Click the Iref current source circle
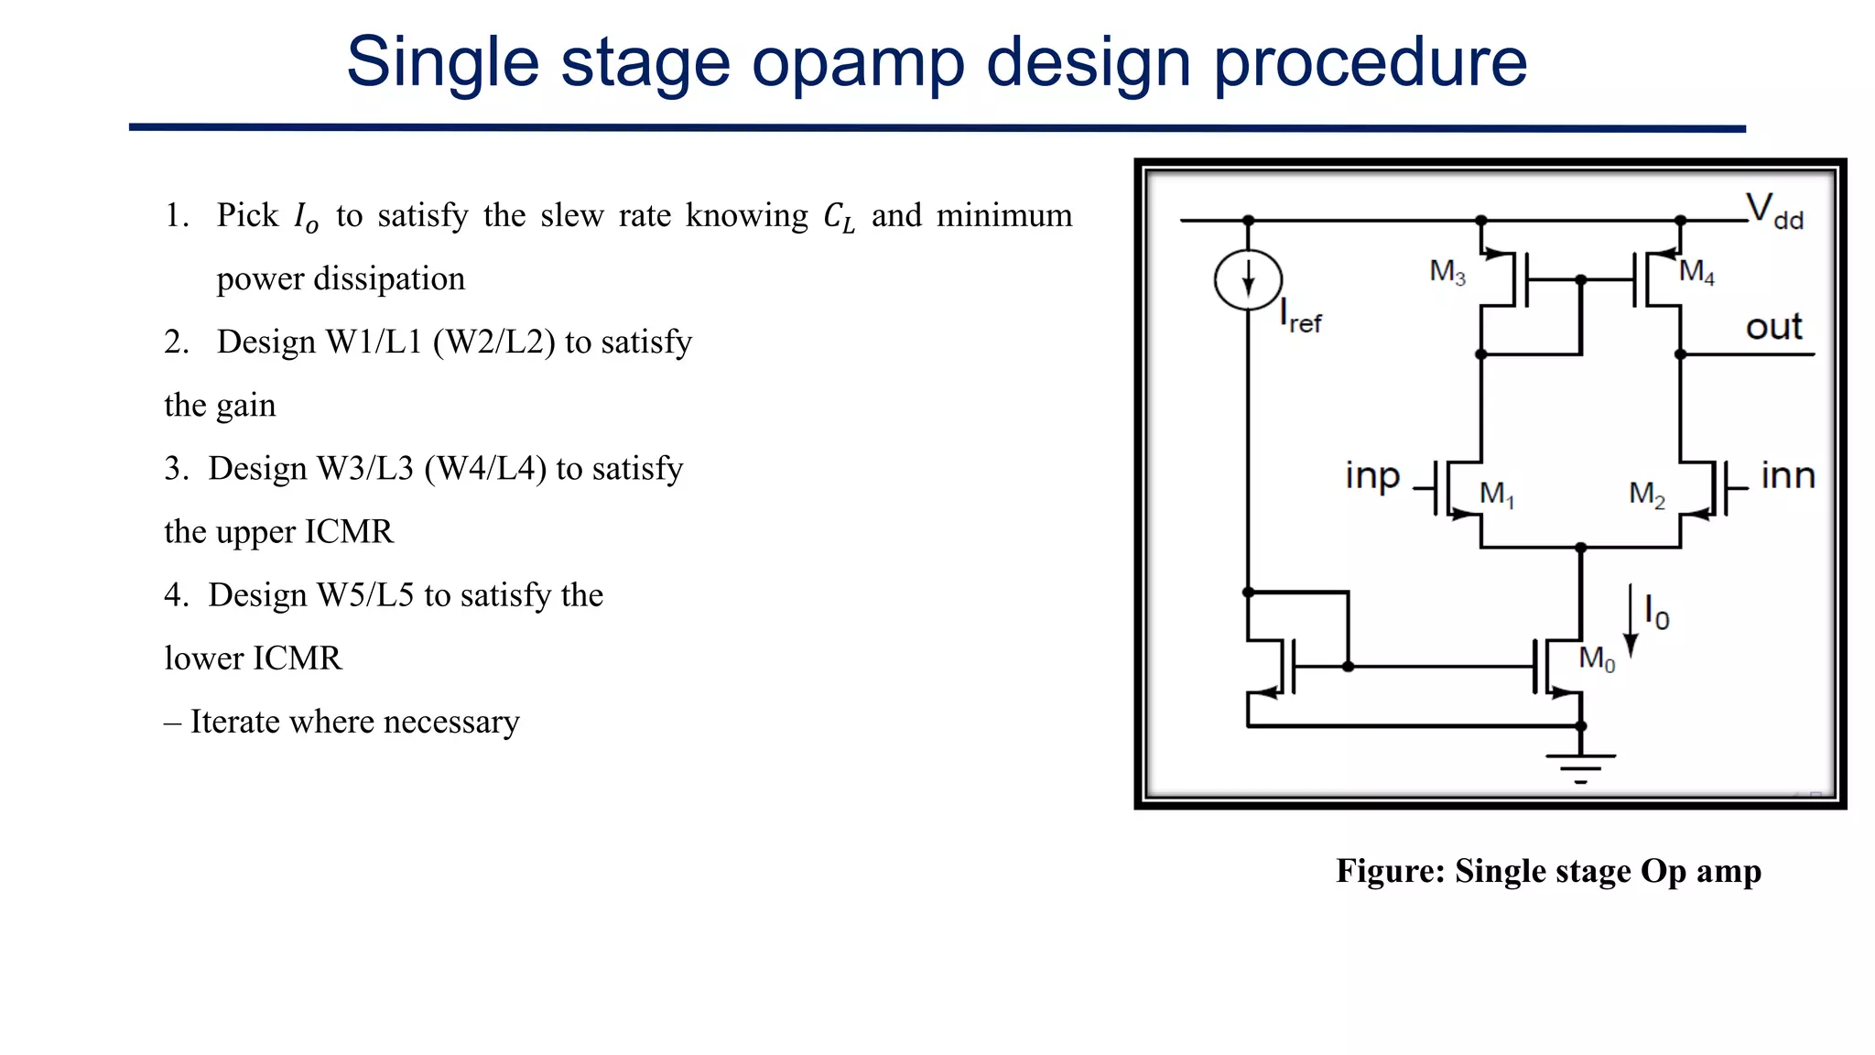click(1248, 279)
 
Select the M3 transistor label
click(1447, 272)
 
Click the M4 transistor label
click(1696, 272)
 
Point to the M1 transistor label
click(1497, 495)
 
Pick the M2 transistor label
click(1646, 495)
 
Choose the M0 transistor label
click(1597, 658)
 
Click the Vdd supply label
click(1773, 212)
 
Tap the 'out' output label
click(1773, 327)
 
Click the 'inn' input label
click(1787, 476)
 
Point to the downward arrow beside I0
click(1631, 622)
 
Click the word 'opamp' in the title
click(858, 62)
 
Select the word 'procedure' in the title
click(1370, 62)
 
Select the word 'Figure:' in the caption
click(1390, 871)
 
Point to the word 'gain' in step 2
click(244, 406)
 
